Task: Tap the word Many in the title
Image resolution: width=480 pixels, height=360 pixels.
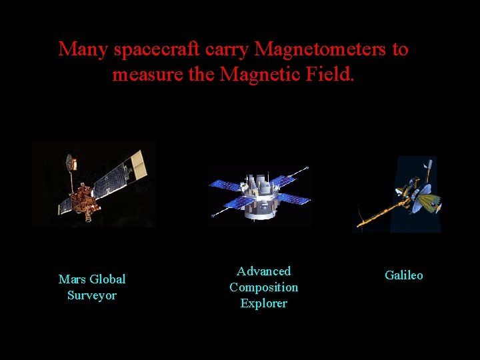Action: pos(84,50)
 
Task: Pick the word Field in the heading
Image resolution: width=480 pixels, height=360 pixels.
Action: pos(327,75)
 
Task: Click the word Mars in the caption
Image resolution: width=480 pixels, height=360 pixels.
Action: pos(72,279)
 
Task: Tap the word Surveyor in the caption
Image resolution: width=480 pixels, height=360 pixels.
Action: pos(92,295)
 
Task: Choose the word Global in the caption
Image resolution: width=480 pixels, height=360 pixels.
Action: pos(107,279)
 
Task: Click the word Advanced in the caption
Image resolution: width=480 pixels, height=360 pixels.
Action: pos(264,271)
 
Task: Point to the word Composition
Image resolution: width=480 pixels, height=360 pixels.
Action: pos(264,287)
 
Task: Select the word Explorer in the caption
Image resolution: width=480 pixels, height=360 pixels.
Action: pos(264,303)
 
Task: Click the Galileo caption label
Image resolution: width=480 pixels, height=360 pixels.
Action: pos(404,275)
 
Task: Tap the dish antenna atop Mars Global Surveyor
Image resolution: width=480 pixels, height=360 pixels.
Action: pos(69,162)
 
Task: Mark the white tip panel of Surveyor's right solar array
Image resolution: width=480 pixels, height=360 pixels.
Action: pos(138,159)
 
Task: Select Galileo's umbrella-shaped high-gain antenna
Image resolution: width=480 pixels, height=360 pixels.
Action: pos(425,197)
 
